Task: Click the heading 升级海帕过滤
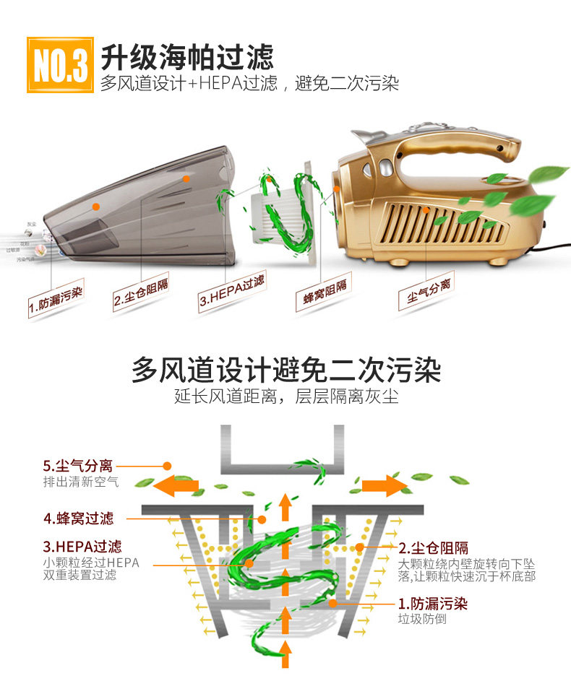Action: tap(186, 56)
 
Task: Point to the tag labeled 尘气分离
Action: tap(426, 291)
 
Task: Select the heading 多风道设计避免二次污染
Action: tap(285, 370)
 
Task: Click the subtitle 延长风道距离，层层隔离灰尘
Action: tap(285, 396)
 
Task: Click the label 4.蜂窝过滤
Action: tap(79, 518)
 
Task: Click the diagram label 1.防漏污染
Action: tap(433, 602)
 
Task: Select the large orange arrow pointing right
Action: tap(384, 485)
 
